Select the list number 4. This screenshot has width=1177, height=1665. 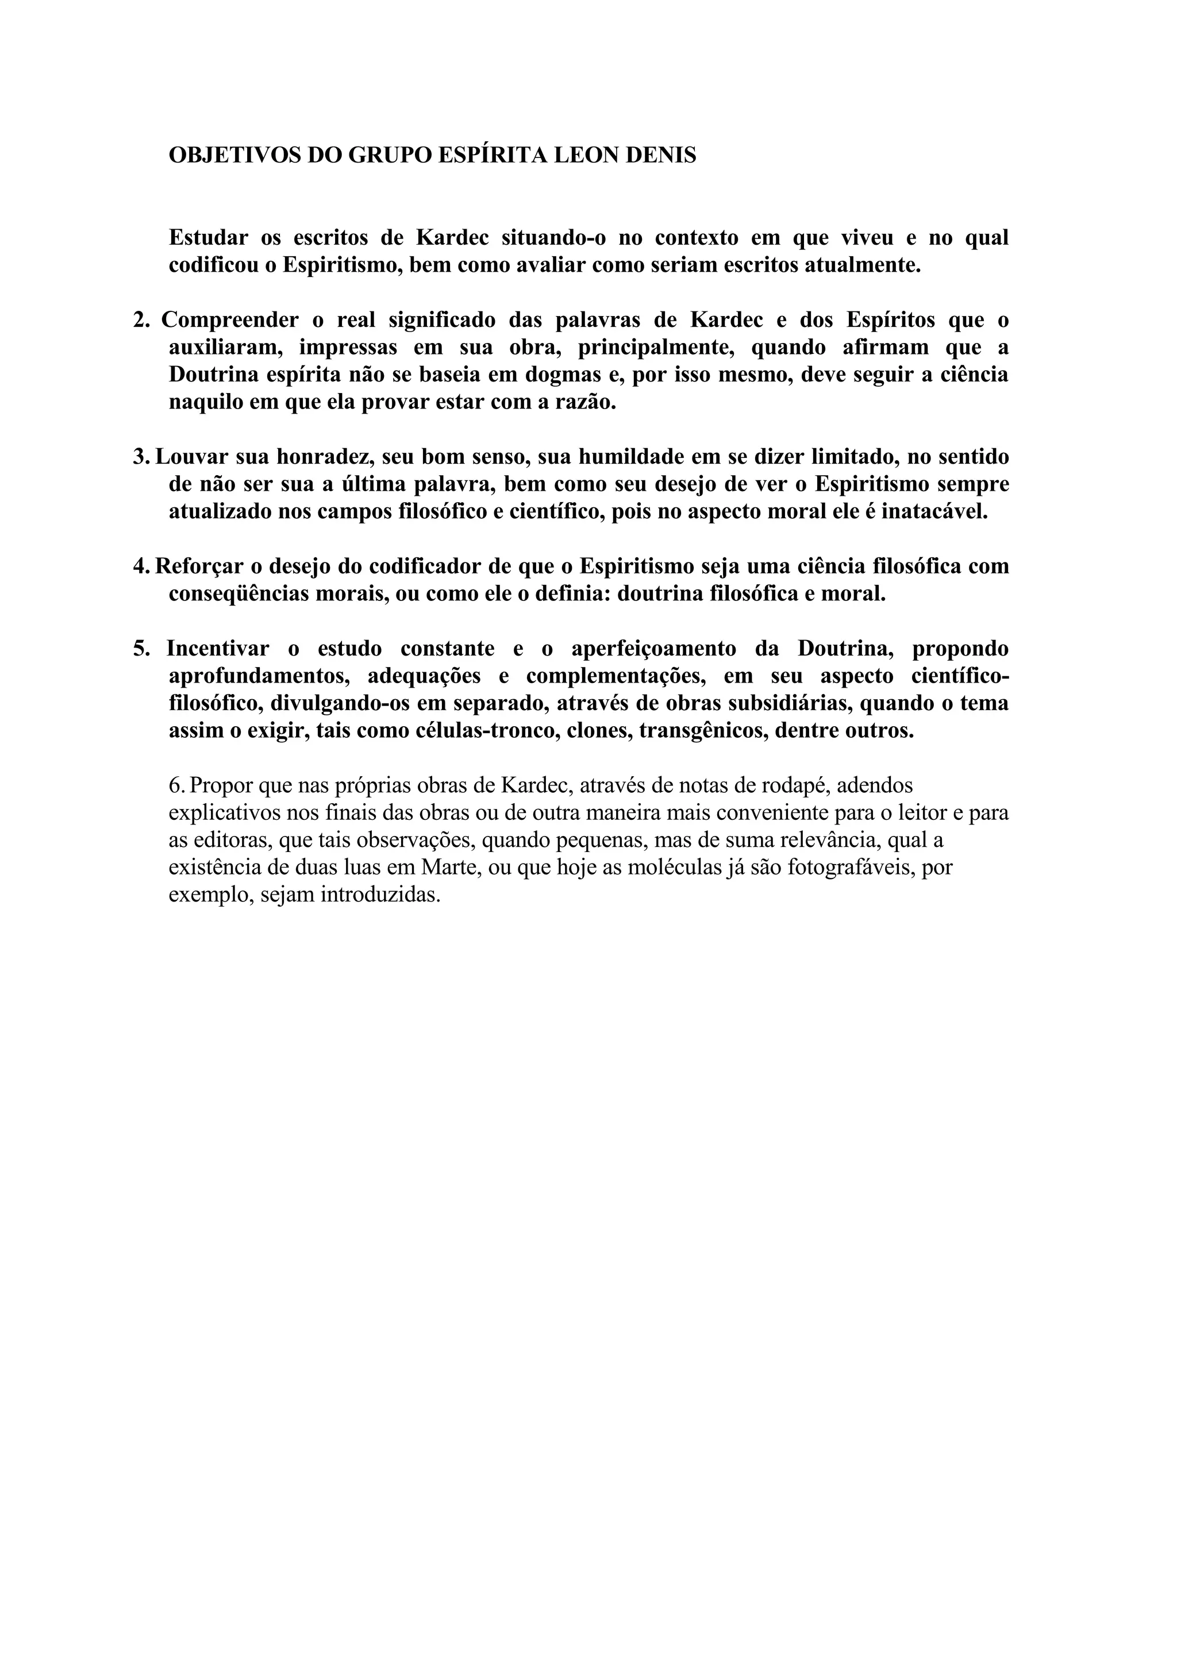pyautogui.click(x=141, y=566)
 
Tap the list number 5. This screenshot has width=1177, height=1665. pyautogui.click(x=141, y=648)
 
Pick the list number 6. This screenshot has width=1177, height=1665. pyautogui.click(x=176, y=785)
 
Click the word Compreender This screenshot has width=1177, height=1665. pyautogui.click(x=230, y=320)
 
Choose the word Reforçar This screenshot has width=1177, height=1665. pyautogui.click(x=199, y=566)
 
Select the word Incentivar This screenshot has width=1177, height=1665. pyautogui.click(x=218, y=648)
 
